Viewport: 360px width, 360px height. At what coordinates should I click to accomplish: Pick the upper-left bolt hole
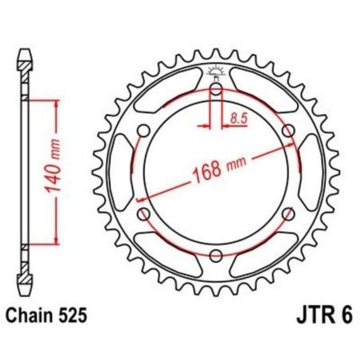point(143,130)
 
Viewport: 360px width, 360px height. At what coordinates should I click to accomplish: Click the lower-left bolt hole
point(143,213)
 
